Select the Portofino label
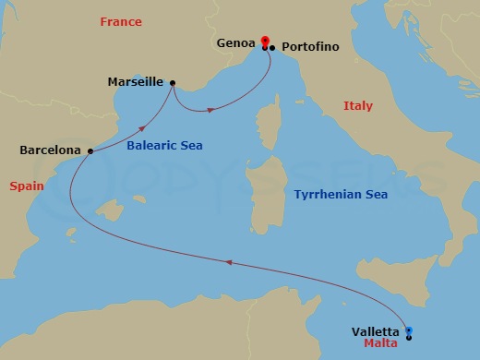[311, 46]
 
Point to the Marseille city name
[136, 80]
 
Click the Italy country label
[358, 106]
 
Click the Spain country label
[27, 186]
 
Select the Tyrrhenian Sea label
[340, 195]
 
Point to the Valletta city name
[376, 331]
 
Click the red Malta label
[381, 343]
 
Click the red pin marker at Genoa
[265, 41]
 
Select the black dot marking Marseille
[173, 81]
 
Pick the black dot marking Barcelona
[90, 150]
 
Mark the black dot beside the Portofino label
[273, 47]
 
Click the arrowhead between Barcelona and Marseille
[143, 128]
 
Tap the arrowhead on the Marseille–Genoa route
[210, 110]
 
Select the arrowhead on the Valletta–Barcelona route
[227, 263]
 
